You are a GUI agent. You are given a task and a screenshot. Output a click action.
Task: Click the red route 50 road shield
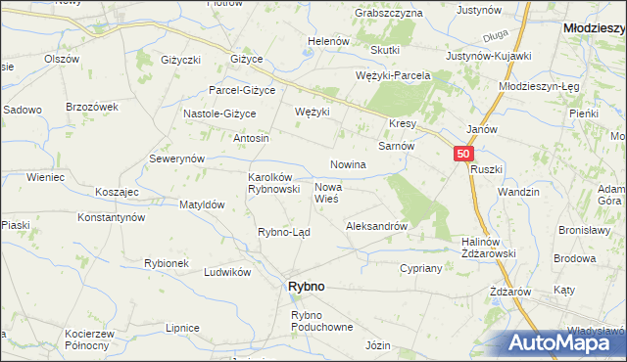pyautogui.click(x=464, y=154)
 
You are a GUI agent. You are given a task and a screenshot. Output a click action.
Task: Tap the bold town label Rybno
pyautogui.click(x=306, y=286)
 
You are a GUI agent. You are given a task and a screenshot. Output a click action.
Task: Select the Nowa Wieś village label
pyautogui.click(x=326, y=192)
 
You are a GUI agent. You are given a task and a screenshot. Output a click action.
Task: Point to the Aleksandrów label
pyautogui.click(x=376, y=226)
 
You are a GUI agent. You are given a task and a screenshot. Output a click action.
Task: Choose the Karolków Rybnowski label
pyautogui.click(x=272, y=183)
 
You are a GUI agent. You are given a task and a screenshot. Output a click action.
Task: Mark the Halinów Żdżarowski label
pyautogui.click(x=488, y=248)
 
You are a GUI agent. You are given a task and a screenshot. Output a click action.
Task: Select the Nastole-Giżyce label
pyautogui.click(x=219, y=113)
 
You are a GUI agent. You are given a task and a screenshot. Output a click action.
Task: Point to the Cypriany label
pyautogui.click(x=422, y=267)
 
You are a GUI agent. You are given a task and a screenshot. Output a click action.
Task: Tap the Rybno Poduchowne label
pyautogui.click(x=321, y=321)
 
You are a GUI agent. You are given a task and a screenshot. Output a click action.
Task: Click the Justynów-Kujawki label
pyautogui.click(x=488, y=56)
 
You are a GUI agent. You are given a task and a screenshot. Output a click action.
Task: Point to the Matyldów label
pyautogui.click(x=203, y=205)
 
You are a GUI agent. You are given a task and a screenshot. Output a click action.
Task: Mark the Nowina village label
pyautogui.click(x=348, y=164)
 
